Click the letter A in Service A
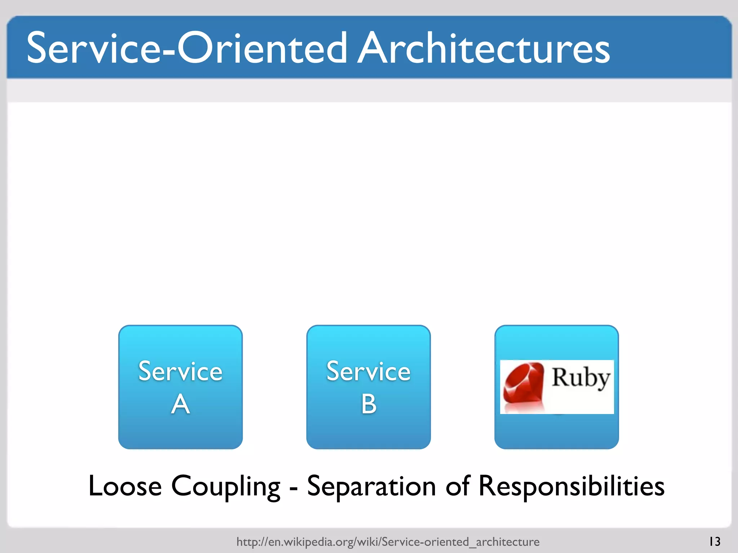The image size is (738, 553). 180,404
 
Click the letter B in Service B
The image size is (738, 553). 369,404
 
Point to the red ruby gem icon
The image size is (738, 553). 524,387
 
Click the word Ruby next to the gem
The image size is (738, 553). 581,378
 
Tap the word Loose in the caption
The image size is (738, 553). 125,486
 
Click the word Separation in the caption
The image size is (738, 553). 371,486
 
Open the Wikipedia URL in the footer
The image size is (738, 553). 388,541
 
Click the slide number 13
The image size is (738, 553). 715,541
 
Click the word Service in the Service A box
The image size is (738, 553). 180,372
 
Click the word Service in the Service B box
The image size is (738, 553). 368,372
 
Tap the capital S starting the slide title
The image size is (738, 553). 38,48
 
